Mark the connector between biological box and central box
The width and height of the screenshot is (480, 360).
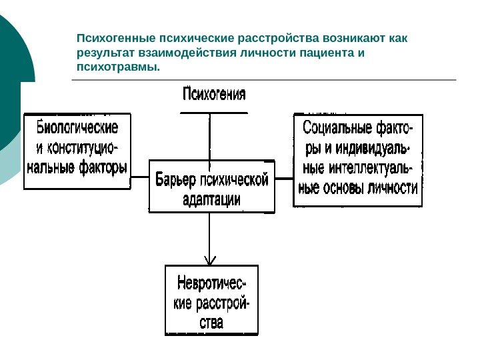pos(139,178)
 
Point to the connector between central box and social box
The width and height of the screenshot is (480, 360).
pos(284,178)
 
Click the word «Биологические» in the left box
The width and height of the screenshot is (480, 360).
pos(77,127)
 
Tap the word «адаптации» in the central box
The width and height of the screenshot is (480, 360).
pos(211,198)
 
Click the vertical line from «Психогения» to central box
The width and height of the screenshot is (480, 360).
pos(211,137)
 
